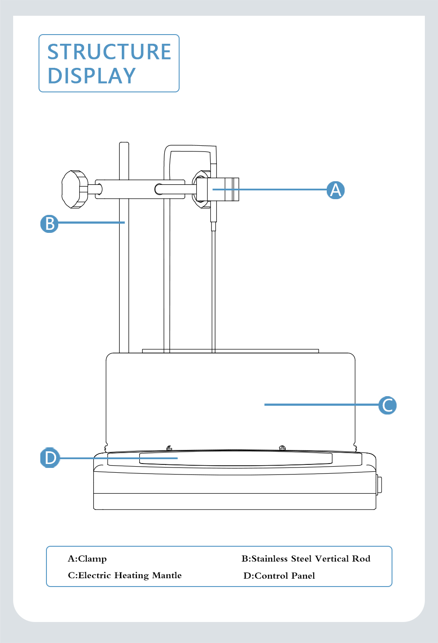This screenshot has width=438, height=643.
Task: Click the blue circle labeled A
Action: pos(336,190)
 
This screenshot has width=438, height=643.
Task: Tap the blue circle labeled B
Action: pos(49,224)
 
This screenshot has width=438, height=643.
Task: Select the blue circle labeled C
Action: pos(388,405)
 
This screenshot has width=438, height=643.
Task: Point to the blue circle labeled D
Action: pos(50,457)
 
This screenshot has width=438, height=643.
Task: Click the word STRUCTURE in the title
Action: pos(109,52)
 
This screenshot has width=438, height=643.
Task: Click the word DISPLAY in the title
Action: pos(92,76)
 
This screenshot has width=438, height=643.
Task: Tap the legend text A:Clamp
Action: pos(87,559)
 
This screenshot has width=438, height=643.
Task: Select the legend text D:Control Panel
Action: pos(279,576)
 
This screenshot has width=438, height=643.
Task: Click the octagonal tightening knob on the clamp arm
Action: pos(75,189)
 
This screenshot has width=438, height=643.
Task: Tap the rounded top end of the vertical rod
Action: pos(124,143)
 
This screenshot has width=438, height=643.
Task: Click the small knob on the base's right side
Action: pos(379,485)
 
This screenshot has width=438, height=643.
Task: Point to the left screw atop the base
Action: pos(169,448)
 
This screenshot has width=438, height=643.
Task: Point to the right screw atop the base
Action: pos(283,448)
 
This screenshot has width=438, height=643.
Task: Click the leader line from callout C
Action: pos(321,404)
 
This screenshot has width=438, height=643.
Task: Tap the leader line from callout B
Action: pos(92,222)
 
